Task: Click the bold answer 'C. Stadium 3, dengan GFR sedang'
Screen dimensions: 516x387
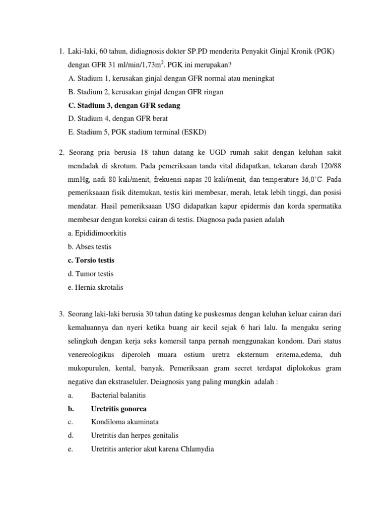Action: pyautogui.click(x=123, y=105)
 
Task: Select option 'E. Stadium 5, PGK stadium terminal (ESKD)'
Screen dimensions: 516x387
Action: pyautogui.click(x=137, y=132)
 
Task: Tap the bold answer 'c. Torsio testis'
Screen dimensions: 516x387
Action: pyautogui.click(x=91, y=261)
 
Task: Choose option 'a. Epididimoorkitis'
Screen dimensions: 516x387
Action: pyautogui.click(x=97, y=233)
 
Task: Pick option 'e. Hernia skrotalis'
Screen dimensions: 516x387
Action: pyautogui.click(x=95, y=287)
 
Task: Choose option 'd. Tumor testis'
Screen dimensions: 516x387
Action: pyautogui.click(x=91, y=274)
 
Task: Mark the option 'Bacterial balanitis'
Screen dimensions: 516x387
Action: pyautogui.click(x=118, y=395)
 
